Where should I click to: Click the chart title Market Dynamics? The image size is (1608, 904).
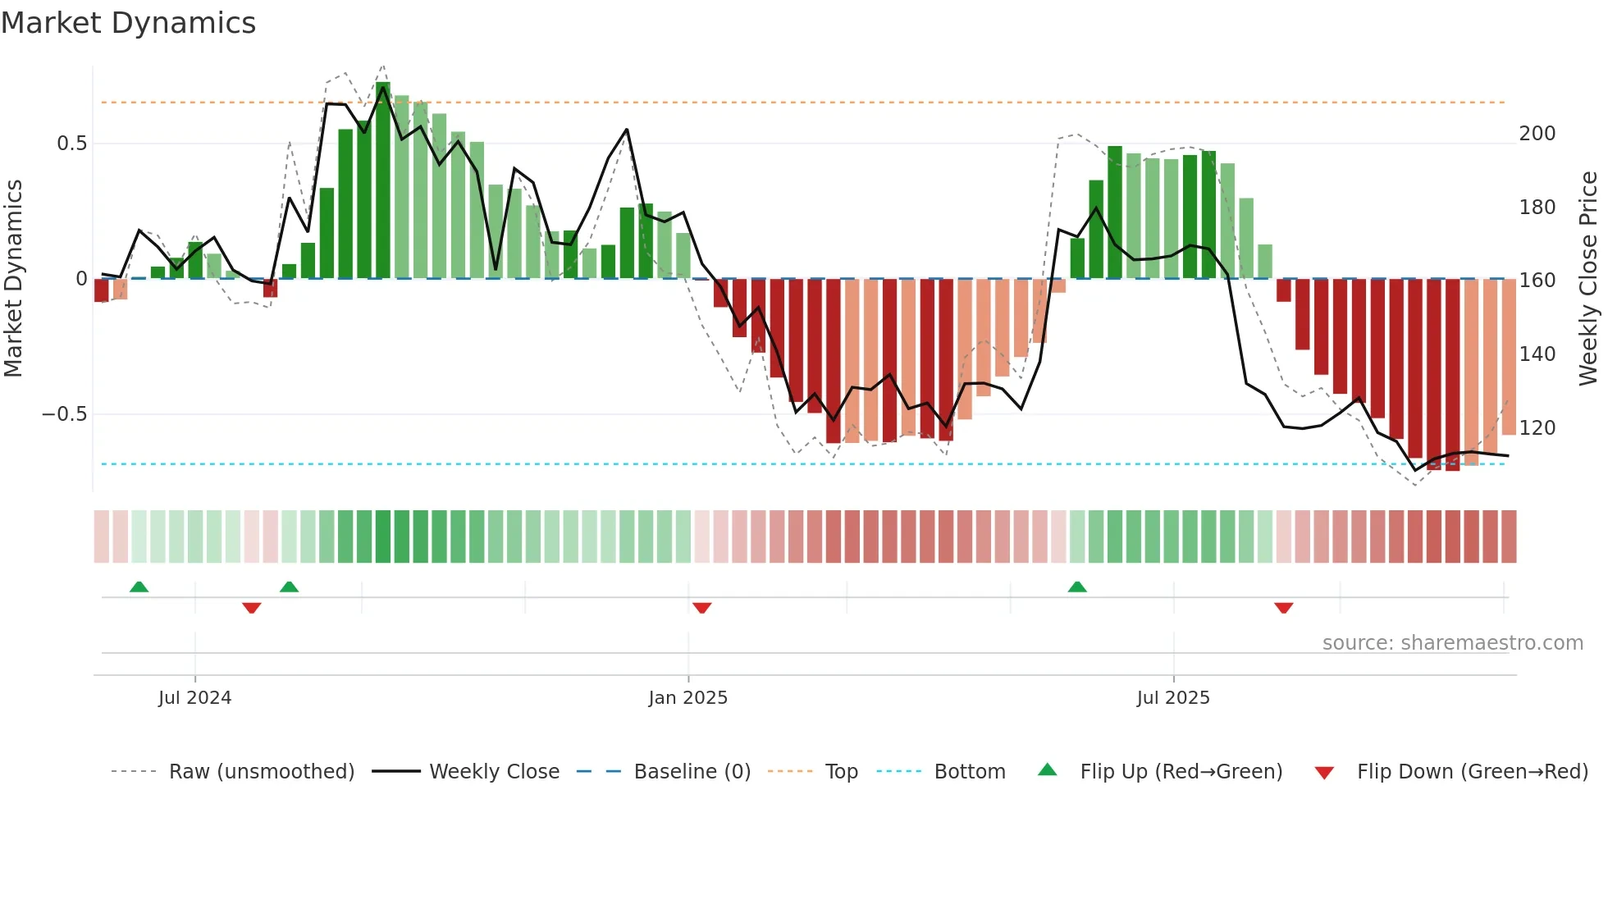pos(128,23)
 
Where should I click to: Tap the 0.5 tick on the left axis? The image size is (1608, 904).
pos(71,144)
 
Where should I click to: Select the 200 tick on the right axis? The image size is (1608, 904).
pos(1537,134)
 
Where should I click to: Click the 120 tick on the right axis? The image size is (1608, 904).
pos(1537,428)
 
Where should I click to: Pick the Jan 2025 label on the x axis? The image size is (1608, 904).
pos(688,698)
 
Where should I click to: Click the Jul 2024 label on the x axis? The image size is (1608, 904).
pos(194,698)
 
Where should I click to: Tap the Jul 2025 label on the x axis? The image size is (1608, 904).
pos(1172,698)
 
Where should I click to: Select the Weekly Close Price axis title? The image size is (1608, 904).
pos(1588,279)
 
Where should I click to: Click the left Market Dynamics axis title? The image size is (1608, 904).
pos(13,279)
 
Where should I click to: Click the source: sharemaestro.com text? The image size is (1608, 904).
pos(1452,643)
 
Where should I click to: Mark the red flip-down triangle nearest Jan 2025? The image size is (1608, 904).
pos(701,608)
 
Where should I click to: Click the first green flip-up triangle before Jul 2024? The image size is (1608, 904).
pos(139,587)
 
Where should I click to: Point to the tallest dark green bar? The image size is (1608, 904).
pos(383,180)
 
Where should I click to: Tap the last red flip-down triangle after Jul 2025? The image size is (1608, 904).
pos(1283,608)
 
